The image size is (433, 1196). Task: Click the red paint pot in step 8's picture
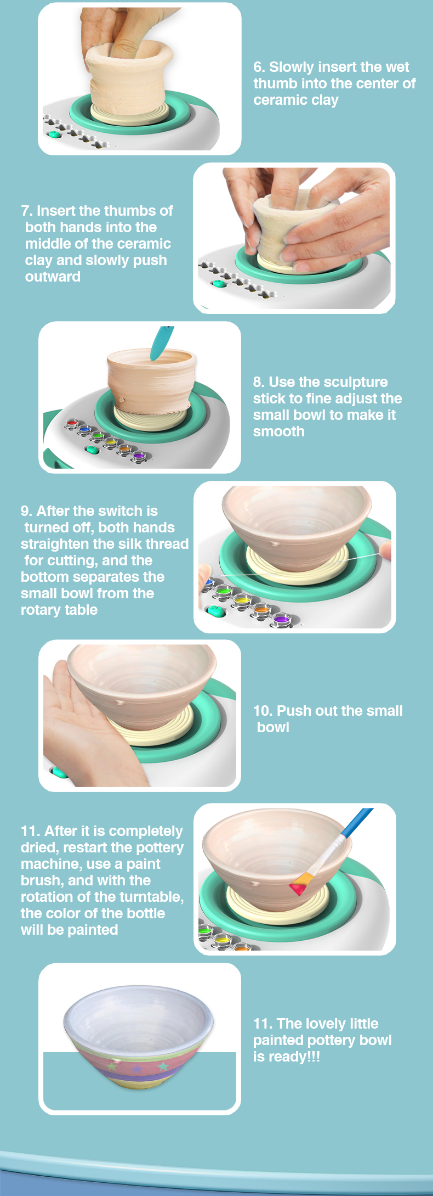click(x=71, y=423)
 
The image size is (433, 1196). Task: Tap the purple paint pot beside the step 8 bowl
click(x=139, y=456)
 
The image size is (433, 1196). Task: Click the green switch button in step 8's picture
click(x=92, y=450)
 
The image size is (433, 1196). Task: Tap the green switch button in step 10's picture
click(x=58, y=772)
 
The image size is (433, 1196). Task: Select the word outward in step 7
click(x=53, y=277)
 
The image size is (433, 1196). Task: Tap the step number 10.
click(x=263, y=711)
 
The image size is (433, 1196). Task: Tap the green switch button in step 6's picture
click(x=54, y=133)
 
